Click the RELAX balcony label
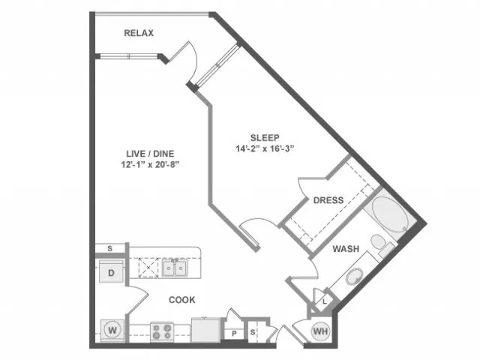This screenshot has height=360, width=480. pos(139,33)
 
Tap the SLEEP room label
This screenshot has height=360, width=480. pos(265,138)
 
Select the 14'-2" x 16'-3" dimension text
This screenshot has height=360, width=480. pos(265,148)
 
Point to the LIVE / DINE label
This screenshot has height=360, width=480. pos(150,154)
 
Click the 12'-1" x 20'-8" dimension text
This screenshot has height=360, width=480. pos(150,165)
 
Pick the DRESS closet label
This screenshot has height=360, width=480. pos(328,200)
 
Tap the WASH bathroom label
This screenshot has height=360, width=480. pos(346,249)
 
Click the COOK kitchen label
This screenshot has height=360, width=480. pos(181,300)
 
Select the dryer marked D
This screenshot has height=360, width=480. pos(112,271)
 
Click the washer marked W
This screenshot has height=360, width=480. pos(112,331)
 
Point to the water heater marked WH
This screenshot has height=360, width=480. pos(320,331)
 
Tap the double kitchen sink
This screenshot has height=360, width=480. pos(175,268)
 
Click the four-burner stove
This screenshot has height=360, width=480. pos(162,332)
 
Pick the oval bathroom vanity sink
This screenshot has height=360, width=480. pos(355,277)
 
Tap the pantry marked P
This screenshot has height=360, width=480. pos(234,333)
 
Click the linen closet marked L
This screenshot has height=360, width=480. pos(325,301)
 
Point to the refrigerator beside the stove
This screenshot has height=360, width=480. pos(205,330)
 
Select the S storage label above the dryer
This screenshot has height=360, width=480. pos(110,248)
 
